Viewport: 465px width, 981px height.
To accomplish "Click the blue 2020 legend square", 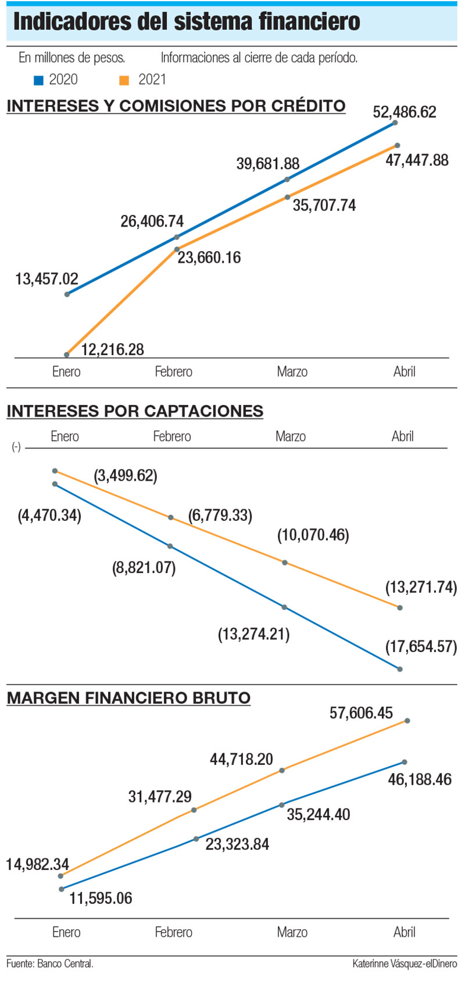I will coord(39,80).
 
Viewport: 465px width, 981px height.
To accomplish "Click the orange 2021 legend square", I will coord(124,80).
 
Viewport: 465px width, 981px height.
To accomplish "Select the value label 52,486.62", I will coord(405,112).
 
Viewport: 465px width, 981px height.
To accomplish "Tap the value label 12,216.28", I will coord(112,349).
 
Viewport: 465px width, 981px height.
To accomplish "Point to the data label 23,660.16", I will coord(209,257).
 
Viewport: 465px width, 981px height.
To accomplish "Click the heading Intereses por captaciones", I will coord(135,411).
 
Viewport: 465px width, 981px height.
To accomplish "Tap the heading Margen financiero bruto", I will coord(128,697).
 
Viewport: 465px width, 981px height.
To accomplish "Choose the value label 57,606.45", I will coord(361,713).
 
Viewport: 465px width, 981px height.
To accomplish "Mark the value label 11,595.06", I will coord(101,898).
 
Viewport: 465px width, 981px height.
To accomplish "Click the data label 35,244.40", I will coord(319,814).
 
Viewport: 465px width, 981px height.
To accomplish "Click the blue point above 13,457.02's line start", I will coord(67,294).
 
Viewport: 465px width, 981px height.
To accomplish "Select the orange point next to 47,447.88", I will coord(397,145).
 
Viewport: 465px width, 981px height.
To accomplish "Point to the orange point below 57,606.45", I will coord(407,721).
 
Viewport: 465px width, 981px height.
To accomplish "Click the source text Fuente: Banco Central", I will coord(50,964).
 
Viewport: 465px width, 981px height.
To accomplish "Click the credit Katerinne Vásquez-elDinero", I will coord(405,964).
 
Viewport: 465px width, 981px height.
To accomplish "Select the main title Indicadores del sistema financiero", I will coord(187,23).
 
